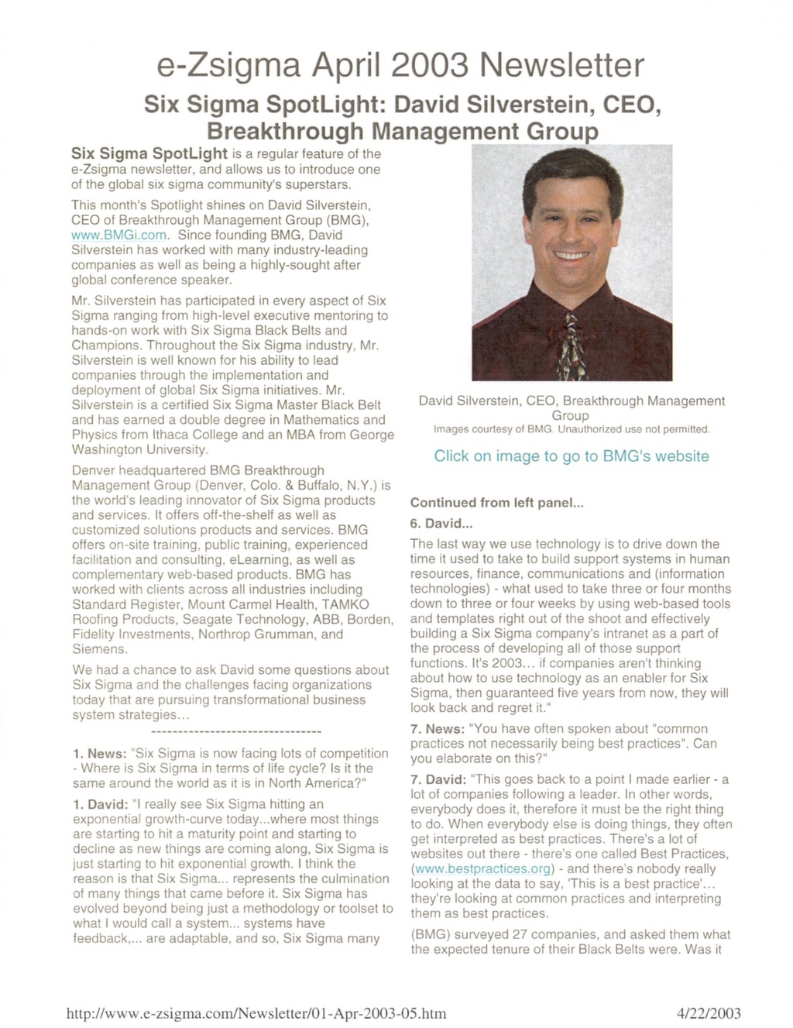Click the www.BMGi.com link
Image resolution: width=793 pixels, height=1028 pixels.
[x=118, y=235]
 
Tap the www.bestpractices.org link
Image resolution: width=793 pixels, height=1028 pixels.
[x=478, y=868]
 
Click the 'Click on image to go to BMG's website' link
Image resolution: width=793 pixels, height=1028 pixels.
[x=571, y=456]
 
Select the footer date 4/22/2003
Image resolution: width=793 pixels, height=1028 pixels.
[x=709, y=1013]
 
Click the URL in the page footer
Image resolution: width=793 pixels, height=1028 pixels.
[x=256, y=1013]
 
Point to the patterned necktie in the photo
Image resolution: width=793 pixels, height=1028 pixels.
[x=572, y=345]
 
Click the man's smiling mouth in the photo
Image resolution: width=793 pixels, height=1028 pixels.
[x=571, y=255]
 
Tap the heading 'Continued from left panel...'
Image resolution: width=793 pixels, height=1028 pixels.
[x=496, y=503]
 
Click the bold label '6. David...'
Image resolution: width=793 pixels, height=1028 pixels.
[x=441, y=523]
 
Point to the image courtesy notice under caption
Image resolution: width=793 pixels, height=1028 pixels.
[x=571, y=429]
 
